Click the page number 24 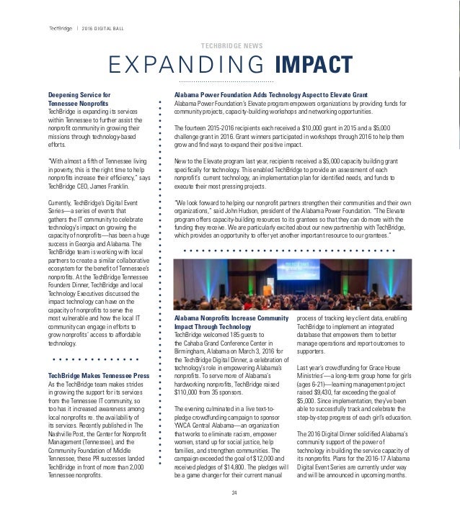coord(233,492)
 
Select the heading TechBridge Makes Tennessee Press coord(99,377)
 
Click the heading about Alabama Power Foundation coord(266,95)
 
